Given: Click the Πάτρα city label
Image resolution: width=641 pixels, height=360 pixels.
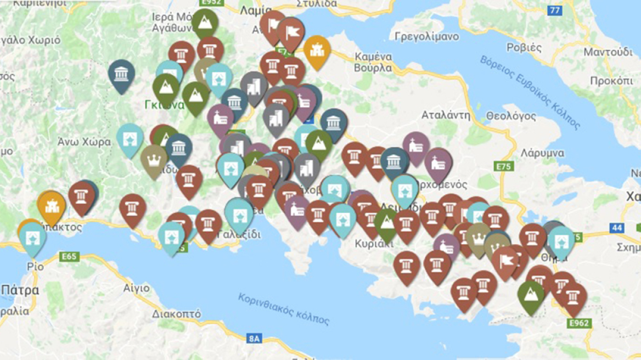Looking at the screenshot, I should (20, 290).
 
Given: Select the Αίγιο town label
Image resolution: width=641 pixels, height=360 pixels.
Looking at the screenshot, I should (136, 288).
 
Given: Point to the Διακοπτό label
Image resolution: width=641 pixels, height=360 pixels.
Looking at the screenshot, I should (176, 314).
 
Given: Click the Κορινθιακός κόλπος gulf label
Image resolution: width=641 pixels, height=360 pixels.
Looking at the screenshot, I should (284, 308).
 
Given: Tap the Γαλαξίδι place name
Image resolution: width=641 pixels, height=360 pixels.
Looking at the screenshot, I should (239, 235).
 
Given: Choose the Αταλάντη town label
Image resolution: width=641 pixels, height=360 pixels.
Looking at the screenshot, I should (446, 115).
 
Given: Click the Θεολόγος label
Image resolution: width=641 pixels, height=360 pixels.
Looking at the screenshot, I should (511, 116).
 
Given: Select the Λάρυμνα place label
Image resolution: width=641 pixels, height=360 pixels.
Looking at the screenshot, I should (543, 153).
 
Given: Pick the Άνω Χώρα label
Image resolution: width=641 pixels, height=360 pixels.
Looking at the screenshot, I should (84, 142).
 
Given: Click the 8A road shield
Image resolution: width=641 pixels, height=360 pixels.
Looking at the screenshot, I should (253, 338).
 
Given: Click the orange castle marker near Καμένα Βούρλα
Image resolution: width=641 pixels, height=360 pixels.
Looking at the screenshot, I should (317, 51).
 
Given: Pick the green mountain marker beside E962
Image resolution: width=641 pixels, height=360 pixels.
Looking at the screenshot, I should (531, 295).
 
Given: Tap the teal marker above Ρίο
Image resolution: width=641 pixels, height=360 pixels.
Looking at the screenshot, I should (33, 238).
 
